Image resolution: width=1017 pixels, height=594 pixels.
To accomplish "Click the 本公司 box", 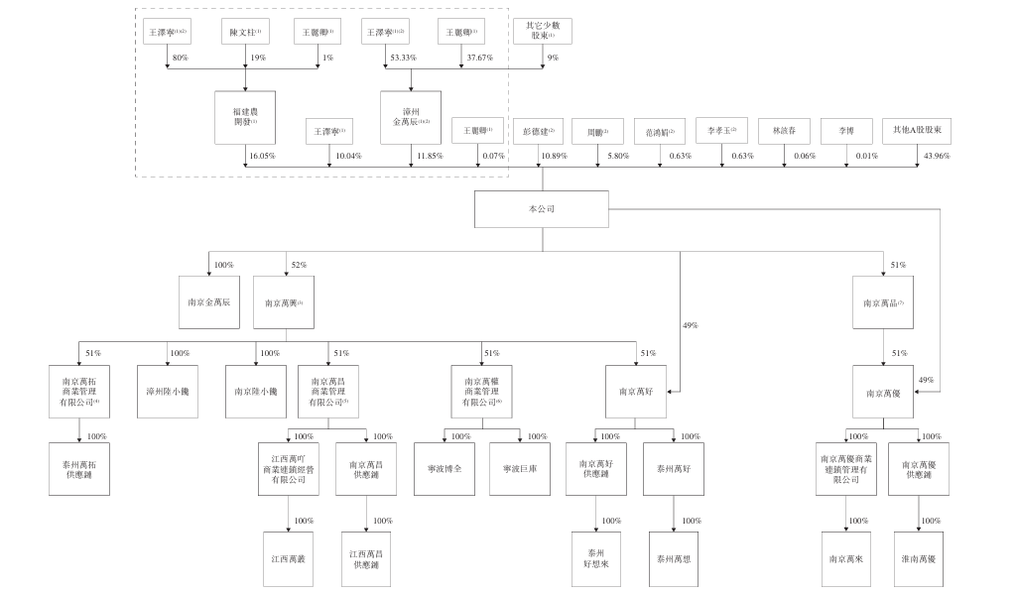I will [541, 209].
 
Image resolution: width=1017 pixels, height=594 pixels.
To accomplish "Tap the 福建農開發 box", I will [245, 116].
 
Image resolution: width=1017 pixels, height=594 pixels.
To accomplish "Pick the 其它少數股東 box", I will [542, 31].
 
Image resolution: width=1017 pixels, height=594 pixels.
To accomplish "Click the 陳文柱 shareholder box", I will [245, 33].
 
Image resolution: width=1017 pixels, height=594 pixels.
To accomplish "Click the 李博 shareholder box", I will [847, 132].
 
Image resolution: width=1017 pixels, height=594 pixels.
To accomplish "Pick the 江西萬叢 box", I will [289, 559].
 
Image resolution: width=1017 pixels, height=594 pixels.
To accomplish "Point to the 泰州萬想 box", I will [674, 559].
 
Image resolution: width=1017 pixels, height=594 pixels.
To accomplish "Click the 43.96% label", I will [936, 156].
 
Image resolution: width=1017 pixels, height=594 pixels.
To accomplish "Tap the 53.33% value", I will [402, 59].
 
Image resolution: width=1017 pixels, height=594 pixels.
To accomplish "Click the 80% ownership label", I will [180, 59].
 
